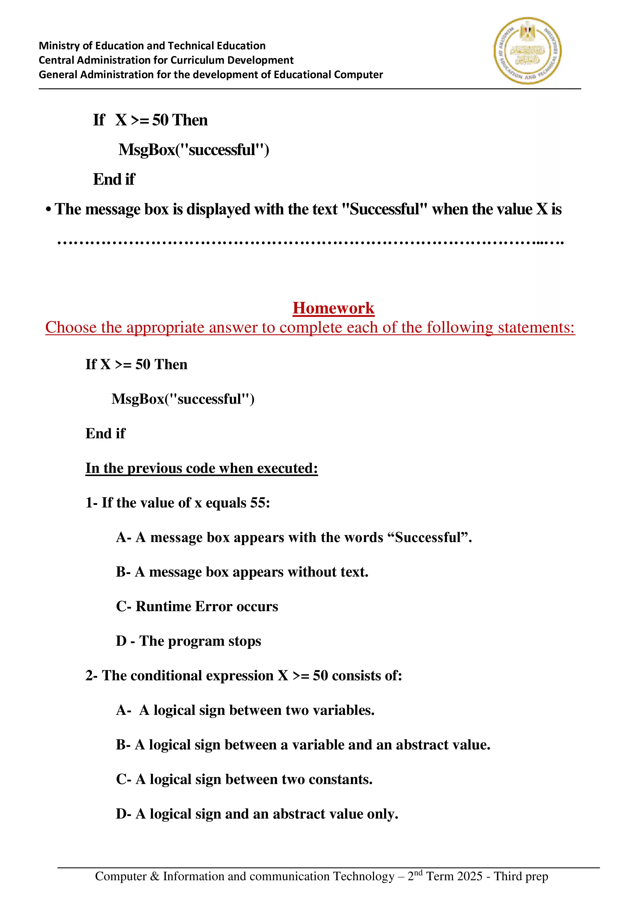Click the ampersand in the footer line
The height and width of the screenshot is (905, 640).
[155, 876]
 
